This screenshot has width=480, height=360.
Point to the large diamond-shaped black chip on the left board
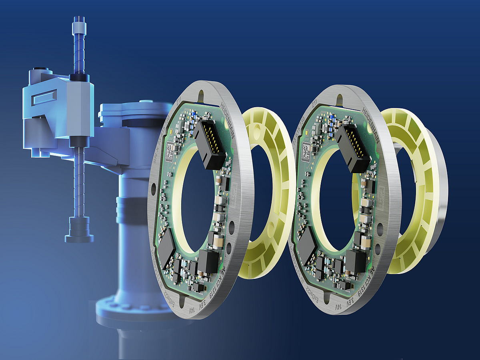click(x=165, y=248)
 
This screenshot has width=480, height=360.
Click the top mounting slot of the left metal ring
click(x=201, y=95)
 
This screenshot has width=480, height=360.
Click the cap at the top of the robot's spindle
click(x=78, y=28)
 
